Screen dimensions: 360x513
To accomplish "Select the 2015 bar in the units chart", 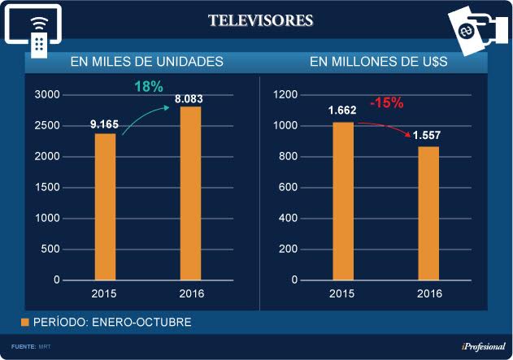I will point(106,207).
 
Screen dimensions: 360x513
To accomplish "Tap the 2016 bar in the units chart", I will point(190,193).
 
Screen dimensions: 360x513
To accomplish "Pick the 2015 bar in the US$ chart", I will point(343,202).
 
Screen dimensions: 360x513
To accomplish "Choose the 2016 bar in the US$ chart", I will point(428,214).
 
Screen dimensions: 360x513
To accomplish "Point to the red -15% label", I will point(386,103).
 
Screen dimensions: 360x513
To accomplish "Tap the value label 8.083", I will point(190,98).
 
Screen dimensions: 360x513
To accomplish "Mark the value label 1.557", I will point(428,136).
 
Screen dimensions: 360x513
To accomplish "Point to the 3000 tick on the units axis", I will point(46,95).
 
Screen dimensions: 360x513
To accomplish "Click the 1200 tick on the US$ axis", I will point(284,95).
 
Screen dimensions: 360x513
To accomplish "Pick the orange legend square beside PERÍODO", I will point(24,323).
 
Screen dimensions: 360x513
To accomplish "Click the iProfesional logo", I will point(483,347).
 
